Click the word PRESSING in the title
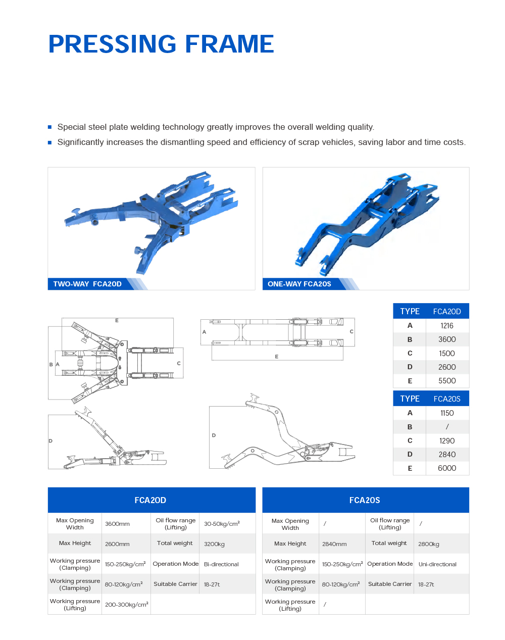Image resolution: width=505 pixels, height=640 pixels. (x=113, y=44)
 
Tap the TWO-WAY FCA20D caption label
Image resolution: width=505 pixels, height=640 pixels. (x=87, y=284)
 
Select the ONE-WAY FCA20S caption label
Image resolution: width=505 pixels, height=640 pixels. (x=299, y=284)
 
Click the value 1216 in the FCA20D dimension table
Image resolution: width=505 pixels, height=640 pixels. (x=447, y=326)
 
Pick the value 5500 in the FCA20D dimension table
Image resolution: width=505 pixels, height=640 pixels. (x=447, y=381)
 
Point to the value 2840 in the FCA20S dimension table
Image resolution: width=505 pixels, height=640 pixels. (x=447, y=455)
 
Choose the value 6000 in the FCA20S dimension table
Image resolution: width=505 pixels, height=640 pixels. (x=447, y=468)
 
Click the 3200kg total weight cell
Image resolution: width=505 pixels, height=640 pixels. (x=214, y=544)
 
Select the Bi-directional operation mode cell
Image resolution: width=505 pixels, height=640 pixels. (x=221, y=564)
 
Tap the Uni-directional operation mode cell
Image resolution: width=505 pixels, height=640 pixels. (x=437, y=564)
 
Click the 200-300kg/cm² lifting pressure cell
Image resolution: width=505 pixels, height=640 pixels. (x=126, y=604)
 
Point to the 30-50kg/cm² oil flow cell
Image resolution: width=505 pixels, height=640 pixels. (x=222, y=524)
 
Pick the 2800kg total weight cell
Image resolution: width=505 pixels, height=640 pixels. (x=429, y=544)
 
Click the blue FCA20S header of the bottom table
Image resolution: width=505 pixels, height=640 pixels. (x=366, y=500)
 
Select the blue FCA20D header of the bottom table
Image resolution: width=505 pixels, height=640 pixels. (x=151, y=500)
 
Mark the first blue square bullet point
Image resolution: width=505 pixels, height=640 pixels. (x=49, y=127)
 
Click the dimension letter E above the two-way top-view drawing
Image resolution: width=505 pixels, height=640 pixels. (x=117, y=321)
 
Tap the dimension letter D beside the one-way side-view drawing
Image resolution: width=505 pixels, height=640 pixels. (x=214, y=435)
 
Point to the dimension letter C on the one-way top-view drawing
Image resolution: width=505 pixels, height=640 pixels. (x=351, y=331)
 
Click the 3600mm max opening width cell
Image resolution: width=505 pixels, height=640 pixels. (x=117, y=524)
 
